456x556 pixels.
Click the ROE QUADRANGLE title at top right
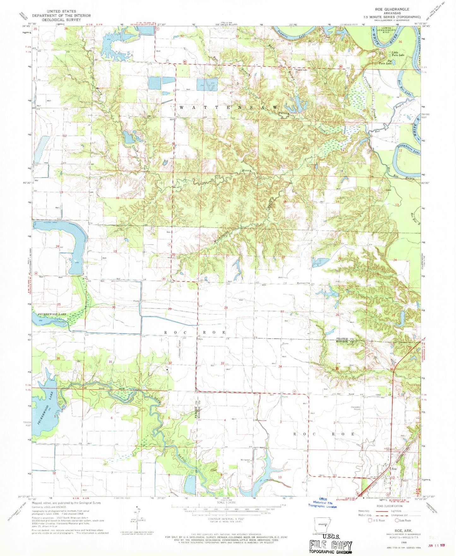click(392, 9)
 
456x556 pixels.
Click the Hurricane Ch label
click(302, 283)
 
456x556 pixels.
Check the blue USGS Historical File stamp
click(322, 505)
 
